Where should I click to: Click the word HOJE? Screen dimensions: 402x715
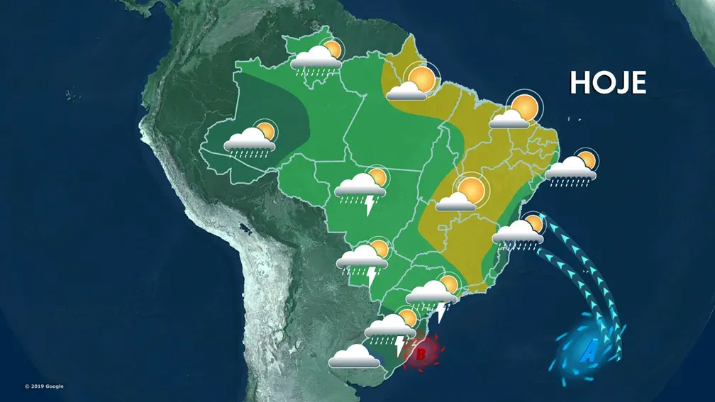[608, 83]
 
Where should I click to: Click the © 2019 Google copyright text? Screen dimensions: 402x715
[44, 386]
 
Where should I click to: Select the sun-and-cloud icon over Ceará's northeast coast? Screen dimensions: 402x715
[516, 112]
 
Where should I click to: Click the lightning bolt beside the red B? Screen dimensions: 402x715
[399, 345]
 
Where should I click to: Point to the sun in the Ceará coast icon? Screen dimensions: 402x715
[525, 107]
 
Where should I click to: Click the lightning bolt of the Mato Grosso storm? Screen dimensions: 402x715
[369, 206]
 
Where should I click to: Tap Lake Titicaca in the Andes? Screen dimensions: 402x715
[245, 230]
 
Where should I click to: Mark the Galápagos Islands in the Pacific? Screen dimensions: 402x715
[71, 94]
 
